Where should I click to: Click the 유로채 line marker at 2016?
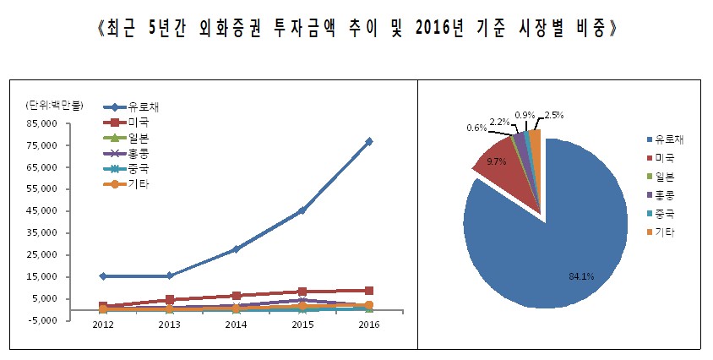[x=369, y=141]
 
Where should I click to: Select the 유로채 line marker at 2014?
[x=237, y=249]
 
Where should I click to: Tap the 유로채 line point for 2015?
[x=302, y=210]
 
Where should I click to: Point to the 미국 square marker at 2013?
[x=170, y=300]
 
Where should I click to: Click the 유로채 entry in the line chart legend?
[x=144, y=107]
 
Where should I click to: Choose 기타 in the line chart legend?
[x=139, y=184]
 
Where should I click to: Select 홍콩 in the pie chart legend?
[x=665, y=194]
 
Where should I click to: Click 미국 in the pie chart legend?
[x=665, y=158]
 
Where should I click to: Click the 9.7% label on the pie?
[x=497, y=161]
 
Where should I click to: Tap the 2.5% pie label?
[x=554, y=114]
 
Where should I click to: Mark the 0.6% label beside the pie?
[x=476, y=128]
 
